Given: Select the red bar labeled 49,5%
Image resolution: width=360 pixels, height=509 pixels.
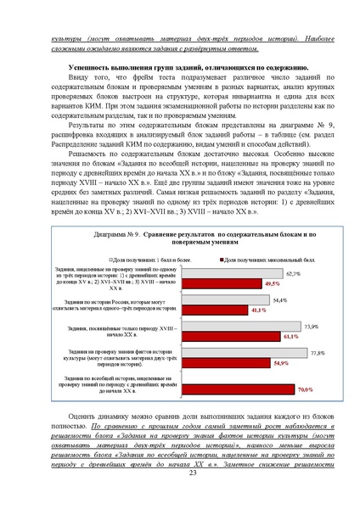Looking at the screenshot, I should (222, 282).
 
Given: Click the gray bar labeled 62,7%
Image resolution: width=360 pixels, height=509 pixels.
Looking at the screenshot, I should (232, 274).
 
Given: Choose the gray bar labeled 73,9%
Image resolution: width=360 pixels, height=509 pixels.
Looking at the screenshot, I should (241, 327).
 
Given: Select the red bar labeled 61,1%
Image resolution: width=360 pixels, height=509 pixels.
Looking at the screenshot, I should (228, 336).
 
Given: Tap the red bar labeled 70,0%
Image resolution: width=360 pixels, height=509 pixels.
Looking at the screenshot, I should (238, 389).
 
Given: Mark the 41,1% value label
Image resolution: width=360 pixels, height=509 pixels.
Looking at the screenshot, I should (259, 310).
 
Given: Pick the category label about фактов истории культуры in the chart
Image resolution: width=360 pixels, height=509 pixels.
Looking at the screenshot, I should (119, 357).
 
